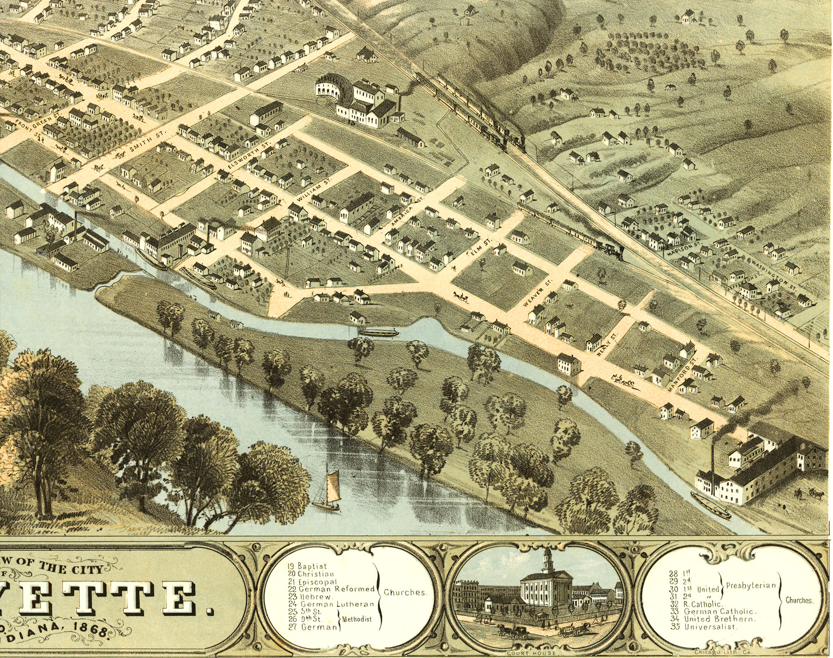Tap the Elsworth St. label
point(249,156)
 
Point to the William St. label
point(315,190)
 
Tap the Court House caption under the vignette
point(531,653)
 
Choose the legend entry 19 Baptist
point(307,566)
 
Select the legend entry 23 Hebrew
point(311,596)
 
